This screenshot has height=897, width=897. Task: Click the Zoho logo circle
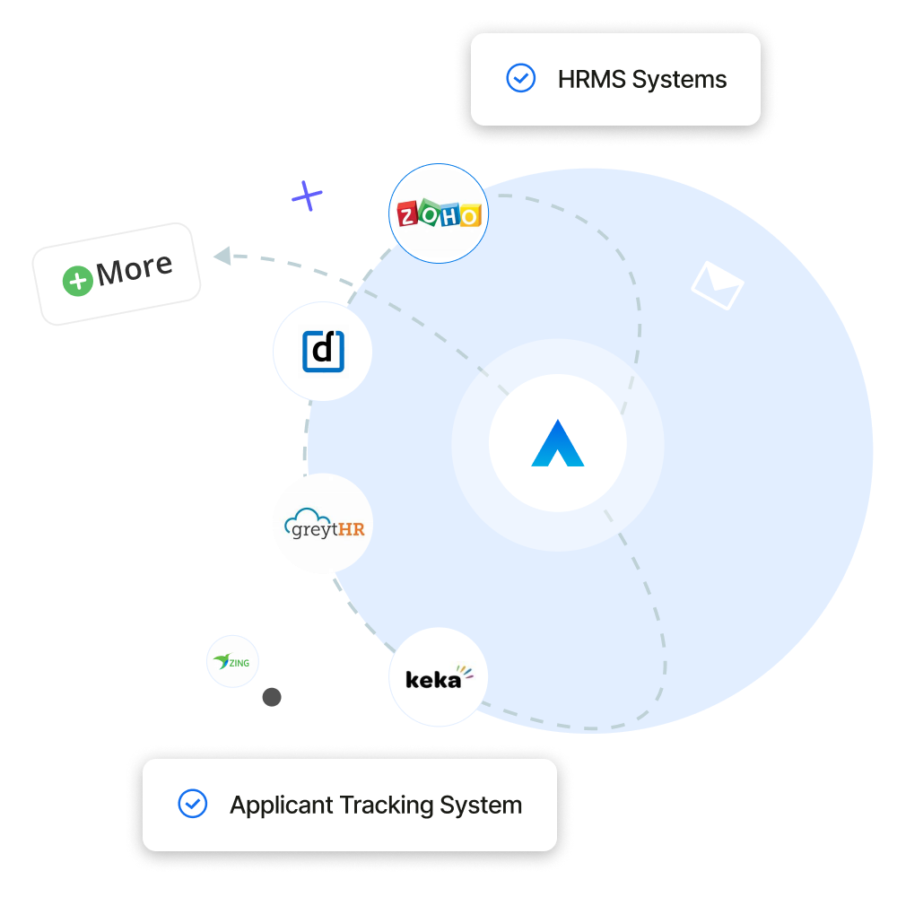point(439,213)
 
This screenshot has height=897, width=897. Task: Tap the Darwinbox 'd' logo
point(323,352)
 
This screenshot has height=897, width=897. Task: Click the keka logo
point(439,677)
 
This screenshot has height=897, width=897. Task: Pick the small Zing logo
point(232,663)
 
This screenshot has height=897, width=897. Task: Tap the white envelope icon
point(718,284)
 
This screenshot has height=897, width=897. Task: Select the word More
point(135,268)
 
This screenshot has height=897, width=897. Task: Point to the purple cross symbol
point(307,195)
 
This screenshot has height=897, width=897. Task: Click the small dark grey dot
point(272,697)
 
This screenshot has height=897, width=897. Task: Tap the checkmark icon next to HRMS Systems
point(520,79)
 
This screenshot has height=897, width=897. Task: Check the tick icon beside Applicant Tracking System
point(192,805)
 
